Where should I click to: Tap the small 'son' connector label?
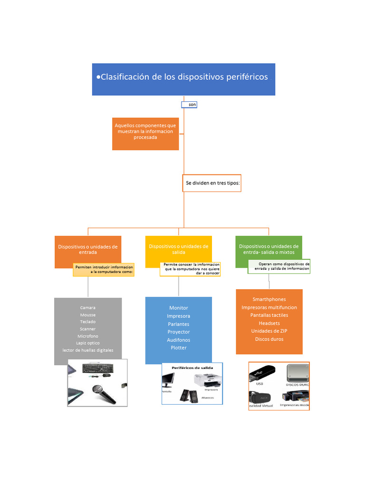(189, 104)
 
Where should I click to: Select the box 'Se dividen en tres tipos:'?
(212, 183)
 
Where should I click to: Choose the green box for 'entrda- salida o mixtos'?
(269, 249)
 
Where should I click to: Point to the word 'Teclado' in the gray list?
(88, 322)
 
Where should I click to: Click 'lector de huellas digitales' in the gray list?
(88, 351)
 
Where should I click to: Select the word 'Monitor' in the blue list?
(178, 308)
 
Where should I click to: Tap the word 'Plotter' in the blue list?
(178, 348)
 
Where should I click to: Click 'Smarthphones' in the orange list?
(269, 300)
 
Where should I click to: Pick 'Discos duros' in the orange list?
(269, 339)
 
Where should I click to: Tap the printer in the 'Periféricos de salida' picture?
(207, 380)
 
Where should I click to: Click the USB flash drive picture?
(261, 373)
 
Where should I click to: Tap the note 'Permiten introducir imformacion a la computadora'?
(104, 270)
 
